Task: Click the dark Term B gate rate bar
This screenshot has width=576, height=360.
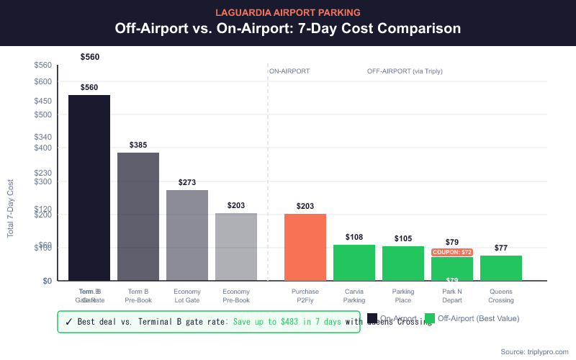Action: coord(89,187)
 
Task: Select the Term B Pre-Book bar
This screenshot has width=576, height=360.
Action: coord(138,216)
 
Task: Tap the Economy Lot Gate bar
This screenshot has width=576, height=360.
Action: coord(187,235)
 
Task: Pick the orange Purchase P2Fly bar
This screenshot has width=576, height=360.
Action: coord(305,247)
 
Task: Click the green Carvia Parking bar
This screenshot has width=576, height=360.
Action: coord(354,263)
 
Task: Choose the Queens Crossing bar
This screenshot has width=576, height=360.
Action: coord(501,268)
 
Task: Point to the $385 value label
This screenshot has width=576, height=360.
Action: coord(138,145)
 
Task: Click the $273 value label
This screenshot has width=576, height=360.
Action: coord(187,183)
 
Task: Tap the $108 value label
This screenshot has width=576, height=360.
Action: coord(354,237)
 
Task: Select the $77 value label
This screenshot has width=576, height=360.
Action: coord(501,248)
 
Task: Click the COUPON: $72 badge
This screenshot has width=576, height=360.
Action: coord(451,253)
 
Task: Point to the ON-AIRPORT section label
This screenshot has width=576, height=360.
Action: coord(289,72)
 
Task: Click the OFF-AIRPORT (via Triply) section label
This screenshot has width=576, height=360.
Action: coord(405,72)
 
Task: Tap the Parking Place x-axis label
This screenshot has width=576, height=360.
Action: coord(403,296)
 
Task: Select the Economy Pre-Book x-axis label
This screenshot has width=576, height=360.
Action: coord(236,296)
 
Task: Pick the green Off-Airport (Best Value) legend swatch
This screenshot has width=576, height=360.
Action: coord(430,318)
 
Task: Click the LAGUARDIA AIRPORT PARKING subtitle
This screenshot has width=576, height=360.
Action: coord(288,12)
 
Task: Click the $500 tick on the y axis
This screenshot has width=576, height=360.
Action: coord(42,114)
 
